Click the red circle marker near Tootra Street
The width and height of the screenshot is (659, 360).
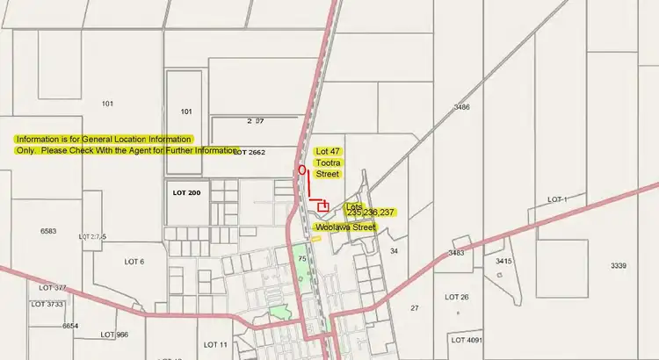pyautogui.click(x=302, y=169)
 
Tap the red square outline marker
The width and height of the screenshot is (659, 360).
pyautogui.click(x=323, y=206)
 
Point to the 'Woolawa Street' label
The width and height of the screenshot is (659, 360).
pyautogui.click(x=345, y=227)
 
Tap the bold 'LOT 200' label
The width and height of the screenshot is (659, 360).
pyautogui.click(x=187, y=192)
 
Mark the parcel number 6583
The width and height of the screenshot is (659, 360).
pyautogui.click(x=48, y=231)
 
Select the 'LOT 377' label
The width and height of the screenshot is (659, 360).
pyautogui.click(x=53, y=288)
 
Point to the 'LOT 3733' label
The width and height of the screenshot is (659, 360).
pyautogui.click(x=48, y=304)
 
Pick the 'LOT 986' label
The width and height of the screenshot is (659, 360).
pyautogui.click(x=114, y=335)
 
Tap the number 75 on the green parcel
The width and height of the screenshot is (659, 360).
pyautogui.click(x=301, y=259)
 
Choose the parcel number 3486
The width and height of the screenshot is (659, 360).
pyautogui.click(x=462, y=107)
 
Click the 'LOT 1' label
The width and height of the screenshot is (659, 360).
pyautogui.click(x=557, y=200)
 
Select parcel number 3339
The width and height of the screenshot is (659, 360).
pyautogui.click(x=619, y=265)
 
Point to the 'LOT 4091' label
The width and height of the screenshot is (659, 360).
pyautogui.click(x=467, y=340)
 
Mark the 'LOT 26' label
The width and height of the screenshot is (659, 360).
pyautogui.click(x=458, y=297)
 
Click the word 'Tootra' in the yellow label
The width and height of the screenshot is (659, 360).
pyautogui.click(x=329, y=162)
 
